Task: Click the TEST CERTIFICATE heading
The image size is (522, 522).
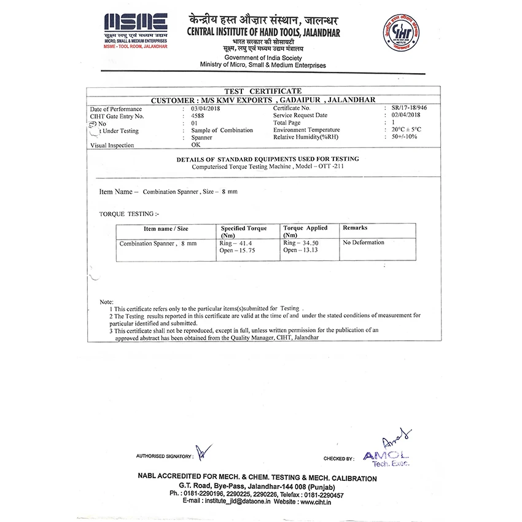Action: (263, 91)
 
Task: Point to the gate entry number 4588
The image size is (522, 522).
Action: (198, 115)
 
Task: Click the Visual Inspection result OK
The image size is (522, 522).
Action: (196, 146)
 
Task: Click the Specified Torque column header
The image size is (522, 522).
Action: (244, 232)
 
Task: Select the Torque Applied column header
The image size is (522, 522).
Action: (305, 232)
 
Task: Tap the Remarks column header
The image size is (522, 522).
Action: (355, 228)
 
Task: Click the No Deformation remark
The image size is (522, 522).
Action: (364, 243)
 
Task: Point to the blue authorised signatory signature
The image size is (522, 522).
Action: (205, 453)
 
